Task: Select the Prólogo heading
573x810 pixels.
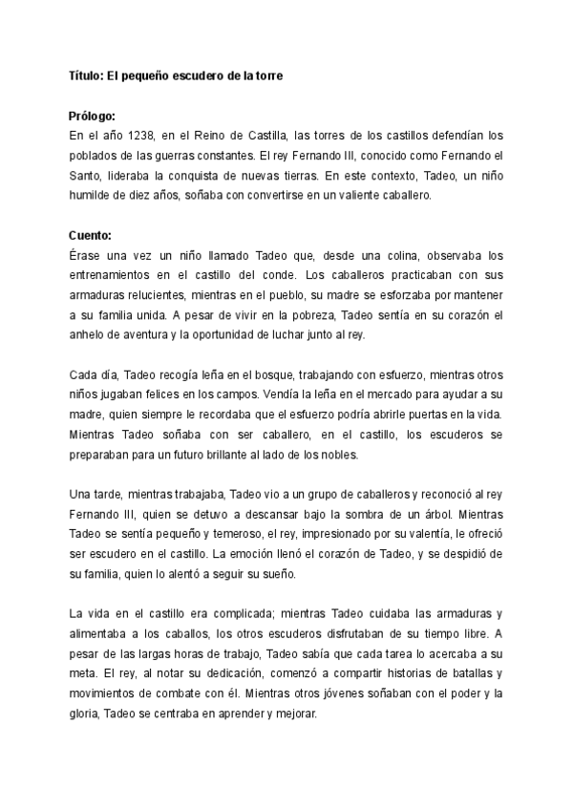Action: click(93, 116)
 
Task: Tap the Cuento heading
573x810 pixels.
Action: click(90, 236)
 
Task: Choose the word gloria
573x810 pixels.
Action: click(85, 715)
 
